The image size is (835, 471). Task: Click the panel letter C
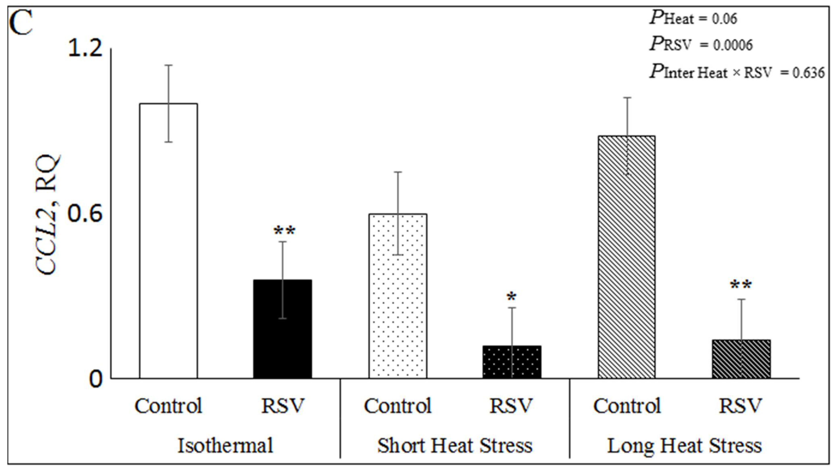[21, 23]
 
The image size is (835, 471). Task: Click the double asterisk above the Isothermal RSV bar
[284, 231]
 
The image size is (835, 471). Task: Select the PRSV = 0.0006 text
[701, 45]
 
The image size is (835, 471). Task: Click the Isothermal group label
[225, 446]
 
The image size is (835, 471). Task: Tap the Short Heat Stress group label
[455, 446]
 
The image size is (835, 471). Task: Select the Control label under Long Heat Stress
[627, 406]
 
